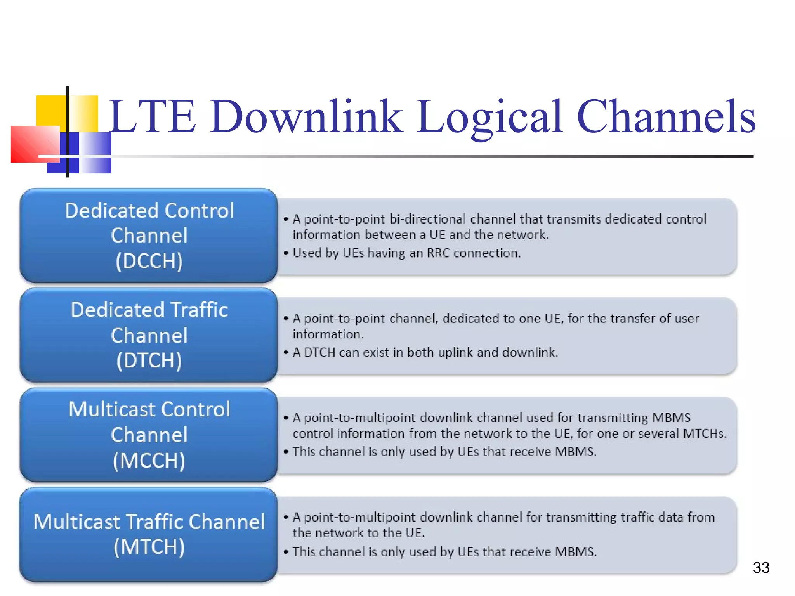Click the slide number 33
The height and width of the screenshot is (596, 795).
[x=761, y=568]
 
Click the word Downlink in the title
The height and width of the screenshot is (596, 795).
[x=307, y=116]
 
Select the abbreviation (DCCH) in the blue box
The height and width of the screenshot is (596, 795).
[x=149, y=261]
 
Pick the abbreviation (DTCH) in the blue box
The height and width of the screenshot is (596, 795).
[x=149, y=360]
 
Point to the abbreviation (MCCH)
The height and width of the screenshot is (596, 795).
[x=149, y=460]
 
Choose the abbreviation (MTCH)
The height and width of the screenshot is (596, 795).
[x=149, y=547]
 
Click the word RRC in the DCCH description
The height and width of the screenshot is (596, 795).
[x=438, y=253]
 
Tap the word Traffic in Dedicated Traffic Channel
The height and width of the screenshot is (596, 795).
[x=199, y=310]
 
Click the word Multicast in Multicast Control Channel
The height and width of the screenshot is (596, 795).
[x=112, y=409]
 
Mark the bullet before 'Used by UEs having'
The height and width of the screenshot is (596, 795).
[x=286, y=253]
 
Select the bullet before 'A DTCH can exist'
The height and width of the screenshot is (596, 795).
[x=286, y=353]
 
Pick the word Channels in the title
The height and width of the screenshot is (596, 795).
[x=666, y=116]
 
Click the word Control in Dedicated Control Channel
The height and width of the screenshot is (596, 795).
[x=199, y=211]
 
